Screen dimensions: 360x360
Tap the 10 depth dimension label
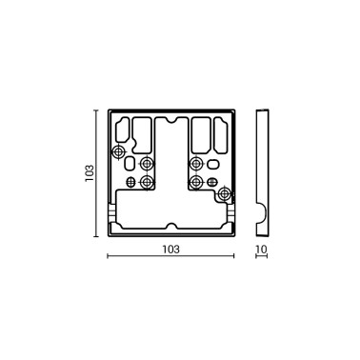click(262, 249)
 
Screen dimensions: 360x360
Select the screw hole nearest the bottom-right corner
click(225, 194)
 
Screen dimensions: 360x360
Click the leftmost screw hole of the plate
click(118, 153)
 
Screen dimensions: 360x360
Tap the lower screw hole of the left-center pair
click(146, 180)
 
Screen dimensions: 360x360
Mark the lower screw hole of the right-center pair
click(196, 180)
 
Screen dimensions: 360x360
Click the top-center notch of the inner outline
click(170, 122)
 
